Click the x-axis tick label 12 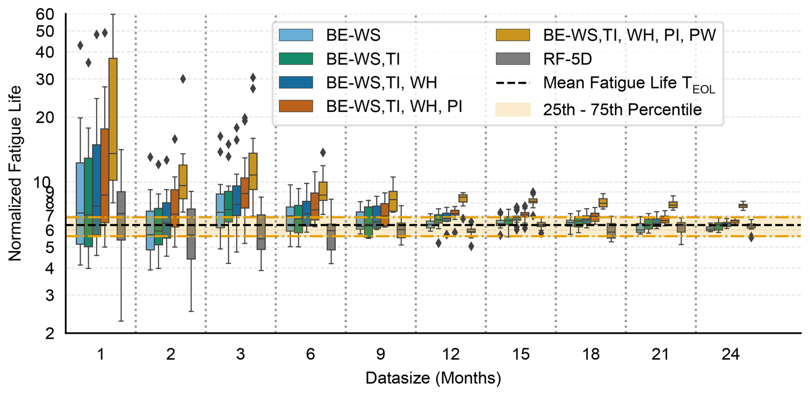tap(450, 354)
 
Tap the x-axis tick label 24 tap(730, 354)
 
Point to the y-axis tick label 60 tap(45, 14)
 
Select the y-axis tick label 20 tap(45, 117)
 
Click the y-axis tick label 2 tap(50, 333)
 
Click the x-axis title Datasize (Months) tap(433, 378)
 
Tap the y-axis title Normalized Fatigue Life tap(15, 173)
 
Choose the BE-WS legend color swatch tap(296, 35)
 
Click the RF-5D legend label tap(567, 59)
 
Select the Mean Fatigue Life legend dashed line tap(512, 83)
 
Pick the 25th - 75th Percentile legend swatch tap(512, 110)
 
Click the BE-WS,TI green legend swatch tap(296, 59)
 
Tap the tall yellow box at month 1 tap(113, 119)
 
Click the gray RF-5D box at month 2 tap(191, 234)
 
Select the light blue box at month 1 tap(80, 203)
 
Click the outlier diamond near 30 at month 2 tap(183, 79)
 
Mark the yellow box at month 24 tap(743, 206)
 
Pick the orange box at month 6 tap(315, 206)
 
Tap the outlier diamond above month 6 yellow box tap(323, 152)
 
